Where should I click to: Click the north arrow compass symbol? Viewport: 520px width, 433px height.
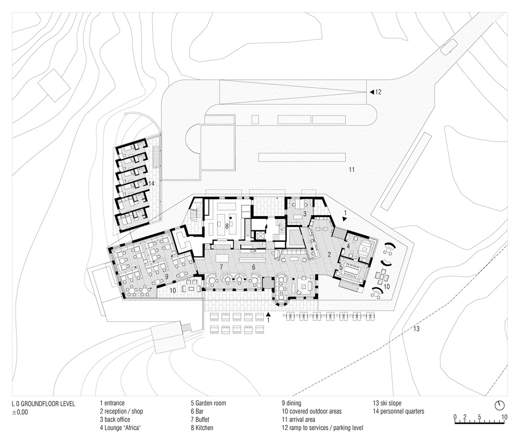pyautogui.click(x=499, y=404)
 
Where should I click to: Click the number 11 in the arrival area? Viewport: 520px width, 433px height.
pyautogui.click(x=352, y=169)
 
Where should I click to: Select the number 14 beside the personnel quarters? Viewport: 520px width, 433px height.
pyautogui.click(x=151, y=183)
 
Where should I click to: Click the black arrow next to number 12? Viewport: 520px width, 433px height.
pyautogui.click(x=372, y=92)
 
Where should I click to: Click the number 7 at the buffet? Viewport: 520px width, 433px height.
pyautogui.click(x=221, y=267)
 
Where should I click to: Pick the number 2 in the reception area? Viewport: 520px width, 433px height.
pyautogui.click(x=329, y=255)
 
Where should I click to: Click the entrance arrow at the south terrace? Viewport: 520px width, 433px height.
pyautogui.click(x=268, y=314)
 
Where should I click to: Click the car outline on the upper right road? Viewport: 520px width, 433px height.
pyautogui.click(x=448, y=47)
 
